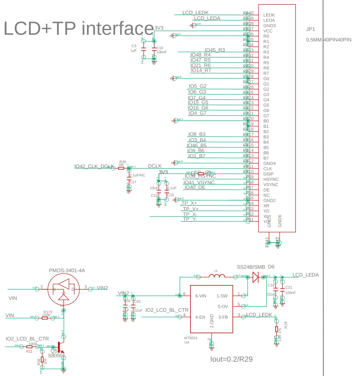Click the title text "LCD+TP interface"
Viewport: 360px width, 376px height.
(79, 28)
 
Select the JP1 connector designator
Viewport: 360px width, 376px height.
(310, 29)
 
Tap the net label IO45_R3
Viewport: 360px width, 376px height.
(214, 50)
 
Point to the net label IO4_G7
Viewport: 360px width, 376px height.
(197, 113)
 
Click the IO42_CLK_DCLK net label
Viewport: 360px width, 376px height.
(94, 166)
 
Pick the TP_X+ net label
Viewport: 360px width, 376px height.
(189, 203)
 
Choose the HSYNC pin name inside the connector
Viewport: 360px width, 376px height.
(271, 180)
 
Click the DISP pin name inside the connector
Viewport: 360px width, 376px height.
(268, 174)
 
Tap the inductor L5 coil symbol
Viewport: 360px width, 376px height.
(217, 276)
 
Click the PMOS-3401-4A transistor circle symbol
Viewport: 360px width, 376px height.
(64, 289)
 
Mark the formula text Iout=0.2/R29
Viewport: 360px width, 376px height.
(231, 359)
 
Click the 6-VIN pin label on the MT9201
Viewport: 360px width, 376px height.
(200, 296)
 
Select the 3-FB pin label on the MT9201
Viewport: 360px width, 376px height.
(223, 317)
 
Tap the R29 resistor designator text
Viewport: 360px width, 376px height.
(286, 325)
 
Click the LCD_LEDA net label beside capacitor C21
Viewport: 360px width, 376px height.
(305, 275)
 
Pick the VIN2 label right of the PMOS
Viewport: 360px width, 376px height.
(102, 288)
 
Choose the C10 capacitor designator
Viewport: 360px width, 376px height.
(160, 48)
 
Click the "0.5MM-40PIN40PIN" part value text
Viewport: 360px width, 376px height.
(329, 40)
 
